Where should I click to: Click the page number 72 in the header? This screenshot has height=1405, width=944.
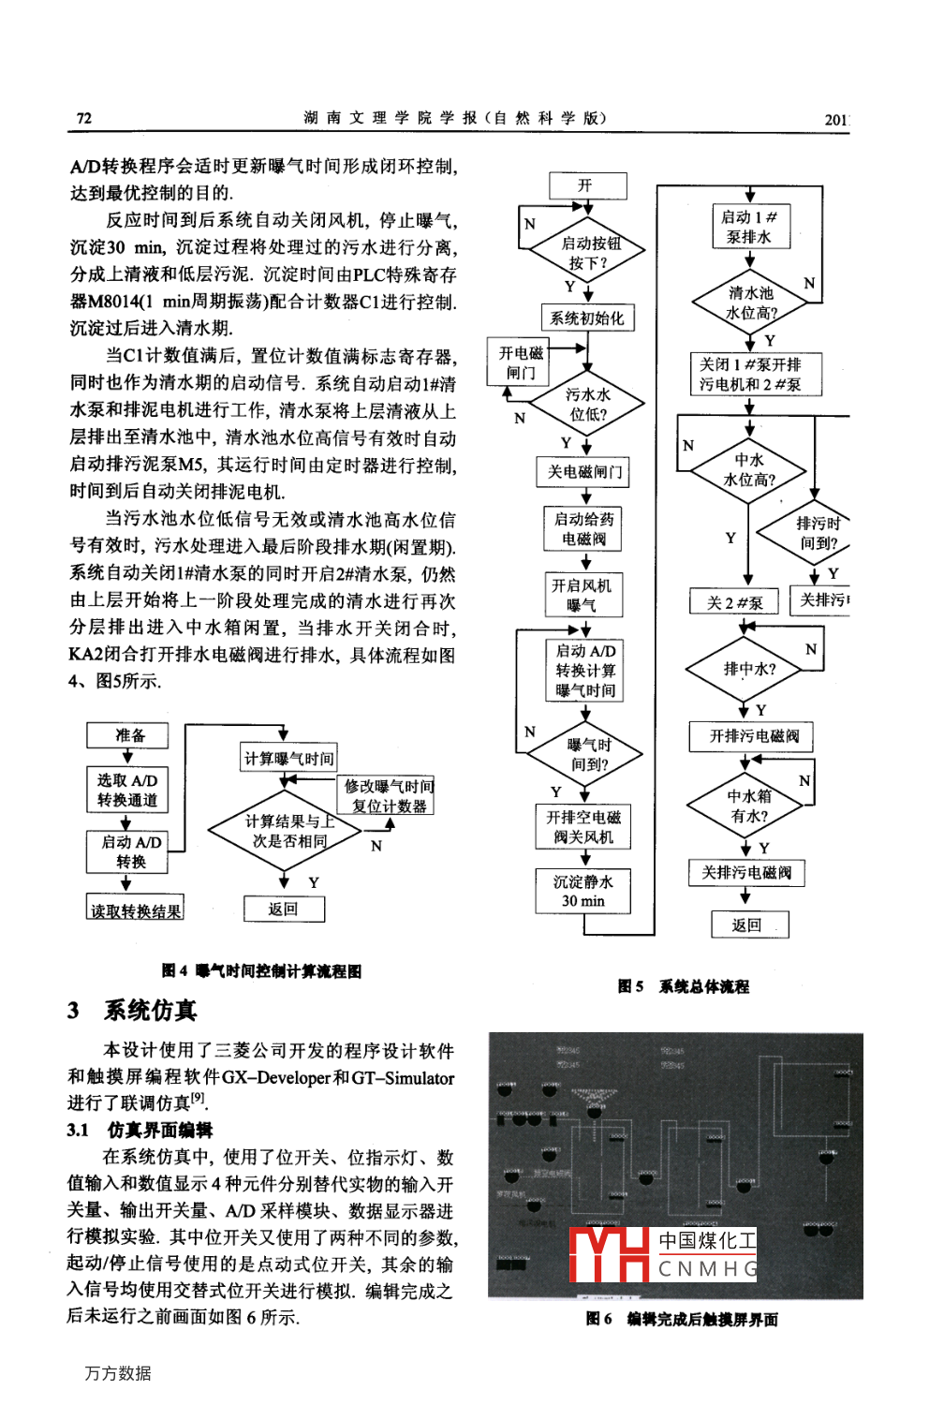[x=84, y=118]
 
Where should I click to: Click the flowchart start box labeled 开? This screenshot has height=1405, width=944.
[x=586, y=185]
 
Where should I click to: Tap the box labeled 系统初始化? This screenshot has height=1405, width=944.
[x=587, y=318]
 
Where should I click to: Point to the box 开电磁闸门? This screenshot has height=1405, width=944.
[x=521, y=362]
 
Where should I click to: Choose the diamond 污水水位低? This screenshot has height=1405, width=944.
[x=588, y=405]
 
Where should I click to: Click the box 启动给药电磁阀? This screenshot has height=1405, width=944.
[x=584, y=529]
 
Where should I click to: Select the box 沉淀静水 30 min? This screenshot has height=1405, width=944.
[x=583, y=891]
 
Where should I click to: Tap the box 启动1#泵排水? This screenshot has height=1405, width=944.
[x=749, y=227]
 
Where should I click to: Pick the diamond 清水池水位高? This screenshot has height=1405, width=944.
[x=750, y=303]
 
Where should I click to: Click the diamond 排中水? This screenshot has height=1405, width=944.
[x=749, y=670]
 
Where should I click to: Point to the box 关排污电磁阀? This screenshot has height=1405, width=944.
[x=746, y=873]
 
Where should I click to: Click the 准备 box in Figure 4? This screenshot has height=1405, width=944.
[x=128, y=735]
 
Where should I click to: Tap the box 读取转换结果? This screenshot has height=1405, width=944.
[x=136, y=910]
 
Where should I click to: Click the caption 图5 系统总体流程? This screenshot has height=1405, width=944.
[x=684, y=986]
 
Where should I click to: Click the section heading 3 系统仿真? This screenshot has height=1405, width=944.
[x=133, y=1011]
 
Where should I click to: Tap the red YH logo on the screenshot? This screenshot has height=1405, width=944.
[x=610, y=1254]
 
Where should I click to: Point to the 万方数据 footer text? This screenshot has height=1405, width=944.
[x=118, y=1373]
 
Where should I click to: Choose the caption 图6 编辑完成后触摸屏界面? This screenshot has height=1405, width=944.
[x=682, y=1320]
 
